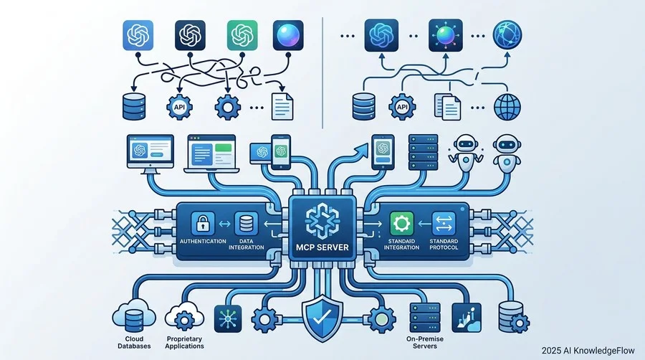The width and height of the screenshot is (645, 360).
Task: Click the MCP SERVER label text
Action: [322, 247]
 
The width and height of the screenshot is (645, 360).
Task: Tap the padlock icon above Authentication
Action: [203, 224]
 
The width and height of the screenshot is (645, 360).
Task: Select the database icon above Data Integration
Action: [246, 224]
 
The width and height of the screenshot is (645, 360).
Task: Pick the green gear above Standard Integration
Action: [401, 224]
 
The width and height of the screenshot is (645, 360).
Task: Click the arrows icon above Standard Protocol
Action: [444, 224]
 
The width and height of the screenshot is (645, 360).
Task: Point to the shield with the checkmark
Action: [322, 318]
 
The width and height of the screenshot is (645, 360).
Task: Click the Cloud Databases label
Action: [134, 342]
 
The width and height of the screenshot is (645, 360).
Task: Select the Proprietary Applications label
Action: [184, 342]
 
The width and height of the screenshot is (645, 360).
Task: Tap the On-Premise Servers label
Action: [425, 342]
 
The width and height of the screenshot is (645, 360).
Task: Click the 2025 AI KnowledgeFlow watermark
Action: [588, 351]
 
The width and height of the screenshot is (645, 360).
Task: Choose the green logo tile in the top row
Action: [242, 35]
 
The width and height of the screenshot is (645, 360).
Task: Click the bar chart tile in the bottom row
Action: [466, 318]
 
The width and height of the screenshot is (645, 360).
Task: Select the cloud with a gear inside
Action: [184, 316]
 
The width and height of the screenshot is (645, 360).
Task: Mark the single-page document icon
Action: [282, 107]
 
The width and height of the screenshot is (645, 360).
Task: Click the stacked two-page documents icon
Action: [447, 107]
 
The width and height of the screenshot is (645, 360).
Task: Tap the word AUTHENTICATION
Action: [203, 241]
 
